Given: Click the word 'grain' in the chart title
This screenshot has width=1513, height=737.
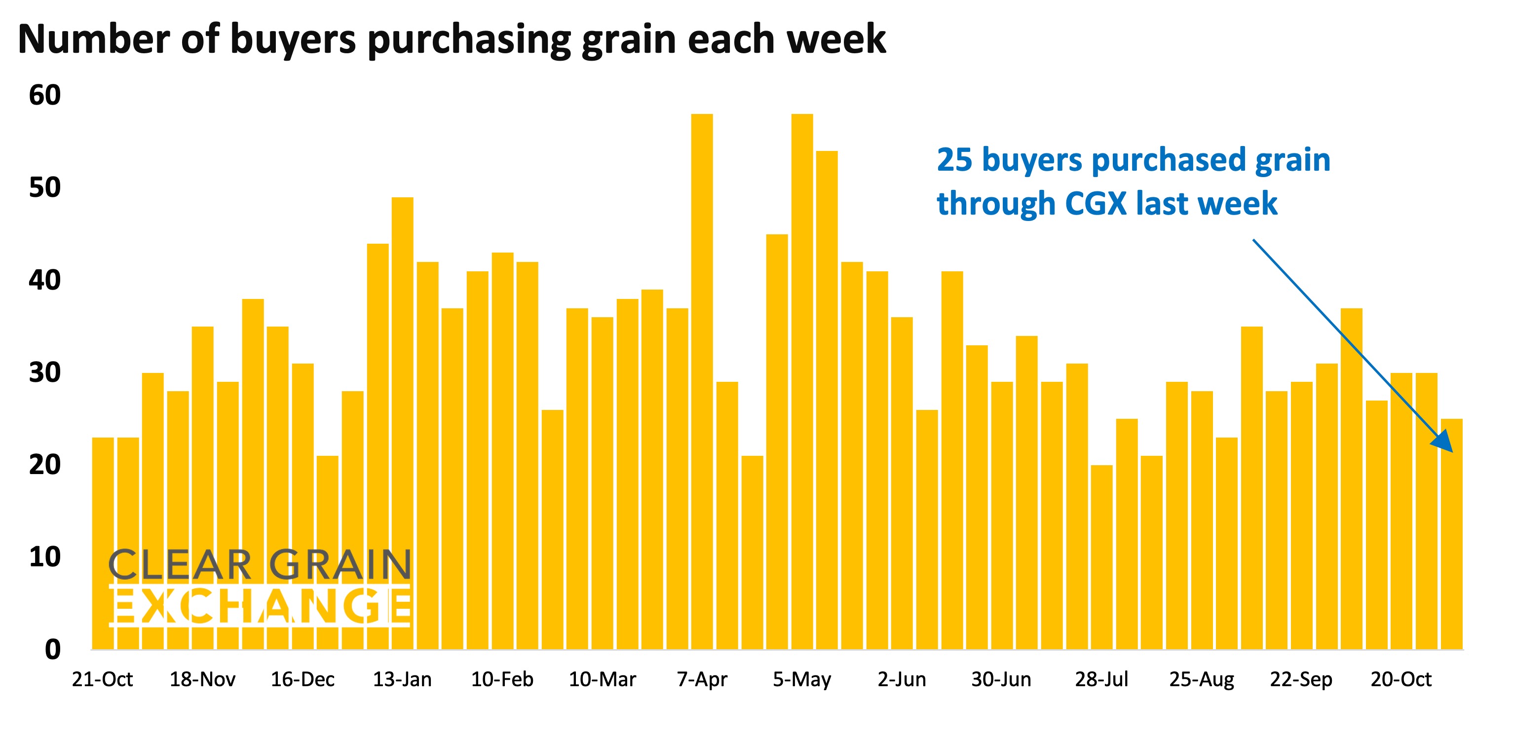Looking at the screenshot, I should pos(629,40).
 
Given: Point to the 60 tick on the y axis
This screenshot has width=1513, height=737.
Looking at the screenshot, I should pos(44,95).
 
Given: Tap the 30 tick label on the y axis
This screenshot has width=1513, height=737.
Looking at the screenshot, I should pos(44,372).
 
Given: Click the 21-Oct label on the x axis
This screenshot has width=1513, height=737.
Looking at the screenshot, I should pos(102,679).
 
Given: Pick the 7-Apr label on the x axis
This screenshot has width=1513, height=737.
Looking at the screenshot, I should pos(702,679).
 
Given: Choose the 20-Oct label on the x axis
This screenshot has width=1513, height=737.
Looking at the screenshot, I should pos(1401,679).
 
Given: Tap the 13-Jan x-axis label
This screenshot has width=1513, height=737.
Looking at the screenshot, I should pos(402,679).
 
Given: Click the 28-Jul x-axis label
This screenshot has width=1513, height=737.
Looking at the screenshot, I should pos(1101,679).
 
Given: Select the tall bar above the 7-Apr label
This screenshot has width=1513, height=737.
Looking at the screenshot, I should pos(702,382).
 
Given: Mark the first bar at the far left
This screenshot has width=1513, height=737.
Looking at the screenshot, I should pos(103,543).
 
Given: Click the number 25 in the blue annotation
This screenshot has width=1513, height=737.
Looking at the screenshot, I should pos(954,160).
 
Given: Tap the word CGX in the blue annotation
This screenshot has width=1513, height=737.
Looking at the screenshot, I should pos(1096,204).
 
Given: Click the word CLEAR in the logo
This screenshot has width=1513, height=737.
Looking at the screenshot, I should pos(180,565).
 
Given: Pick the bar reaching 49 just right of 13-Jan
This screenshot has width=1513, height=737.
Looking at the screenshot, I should pos(402,423).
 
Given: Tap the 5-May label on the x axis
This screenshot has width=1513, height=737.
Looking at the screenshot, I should pos(802,679).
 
